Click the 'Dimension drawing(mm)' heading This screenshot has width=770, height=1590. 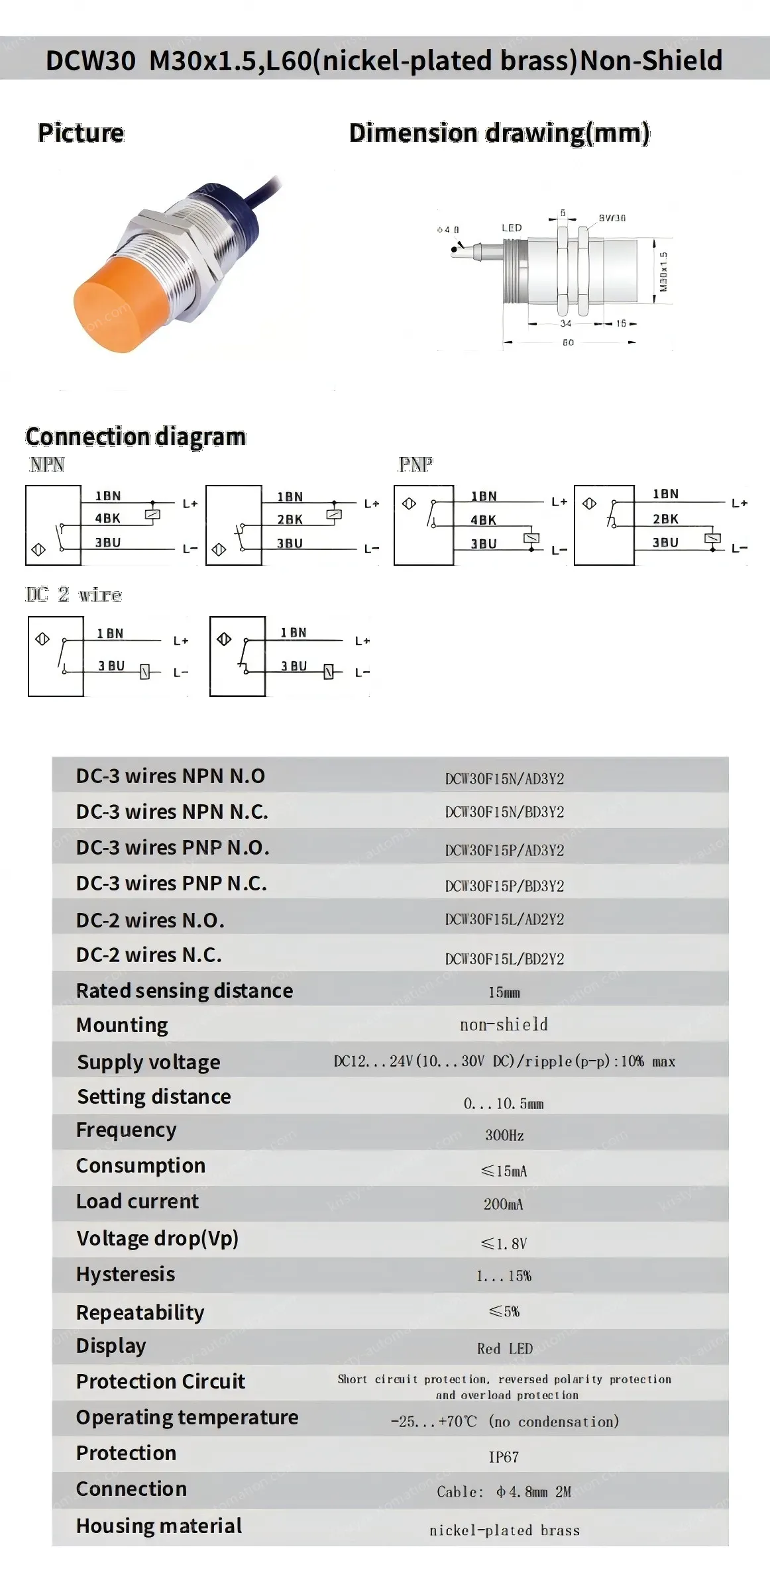coord(499,133)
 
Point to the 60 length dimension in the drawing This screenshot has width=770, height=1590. coord(568,343)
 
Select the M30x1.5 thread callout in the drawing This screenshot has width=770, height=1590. coord(663,271)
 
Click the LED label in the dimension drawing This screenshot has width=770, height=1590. coord(512,228)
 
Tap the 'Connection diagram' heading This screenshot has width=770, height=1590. coord(136,437)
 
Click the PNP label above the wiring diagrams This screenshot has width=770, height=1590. coord(415,464)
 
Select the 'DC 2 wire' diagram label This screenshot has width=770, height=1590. coord(74,594)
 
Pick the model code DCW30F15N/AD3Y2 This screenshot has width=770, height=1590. coord(504,778)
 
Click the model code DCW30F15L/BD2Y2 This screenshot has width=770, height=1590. coord(504,959)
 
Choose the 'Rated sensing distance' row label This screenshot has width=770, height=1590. coord(184,990)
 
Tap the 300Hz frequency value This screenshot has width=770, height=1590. coord(504,1135)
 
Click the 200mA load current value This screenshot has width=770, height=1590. coord(503,1204)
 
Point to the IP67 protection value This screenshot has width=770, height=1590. coord(504,1457)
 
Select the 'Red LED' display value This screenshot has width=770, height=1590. coord(504,1348)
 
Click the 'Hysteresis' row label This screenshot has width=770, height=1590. coord(125,1274)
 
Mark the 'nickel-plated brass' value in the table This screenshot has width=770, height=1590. coord(504,1530)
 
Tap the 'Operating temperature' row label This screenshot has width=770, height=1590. coord(187,1417)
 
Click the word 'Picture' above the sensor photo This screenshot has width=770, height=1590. coord(81,132)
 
